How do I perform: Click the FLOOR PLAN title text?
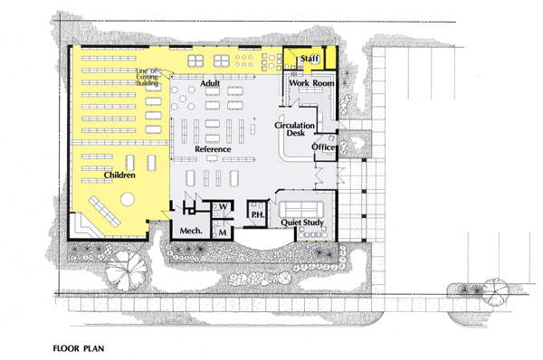[79, 348]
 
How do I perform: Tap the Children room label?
[119, 175]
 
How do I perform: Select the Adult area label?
[210, 83]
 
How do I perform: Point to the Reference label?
[213, 149]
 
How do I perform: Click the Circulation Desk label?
[295, 128]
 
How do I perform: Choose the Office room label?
[323, 147]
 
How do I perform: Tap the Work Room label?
[311, 83]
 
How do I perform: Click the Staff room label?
[310, 58]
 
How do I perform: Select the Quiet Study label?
[302, 223]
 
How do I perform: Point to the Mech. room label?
[191, 231]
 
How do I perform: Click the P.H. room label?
[258, 214]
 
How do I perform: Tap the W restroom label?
[224, 206]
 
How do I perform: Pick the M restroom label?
[223, 232]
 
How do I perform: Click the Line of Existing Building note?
[148, 77]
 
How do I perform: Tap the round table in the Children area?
[128, 199]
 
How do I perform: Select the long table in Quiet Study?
[301, 208]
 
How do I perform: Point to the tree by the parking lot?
[496, 290]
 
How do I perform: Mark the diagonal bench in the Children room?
[105, 211]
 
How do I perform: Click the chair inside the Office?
[330, 138]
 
